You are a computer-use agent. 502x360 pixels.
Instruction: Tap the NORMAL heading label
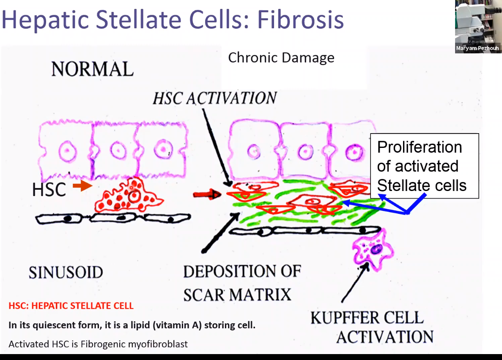tap(92, 69)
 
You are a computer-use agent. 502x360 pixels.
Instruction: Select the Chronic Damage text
tap(281, 57)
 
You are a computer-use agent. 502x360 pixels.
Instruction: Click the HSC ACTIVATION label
tap(214, 98)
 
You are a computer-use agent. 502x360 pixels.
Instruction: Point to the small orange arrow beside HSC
tap(82, 186)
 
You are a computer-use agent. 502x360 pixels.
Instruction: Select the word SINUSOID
tap(66, 273)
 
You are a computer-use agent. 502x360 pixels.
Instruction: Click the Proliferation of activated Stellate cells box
tap(424, 166)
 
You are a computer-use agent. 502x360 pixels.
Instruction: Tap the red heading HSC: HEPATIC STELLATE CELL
tap(71, 305)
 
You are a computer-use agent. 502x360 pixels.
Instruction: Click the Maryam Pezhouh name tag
tap(477, 49)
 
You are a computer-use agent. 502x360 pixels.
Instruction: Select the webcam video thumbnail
tap(477, 23)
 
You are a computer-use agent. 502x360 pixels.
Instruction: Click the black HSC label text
tap(49, 190)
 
